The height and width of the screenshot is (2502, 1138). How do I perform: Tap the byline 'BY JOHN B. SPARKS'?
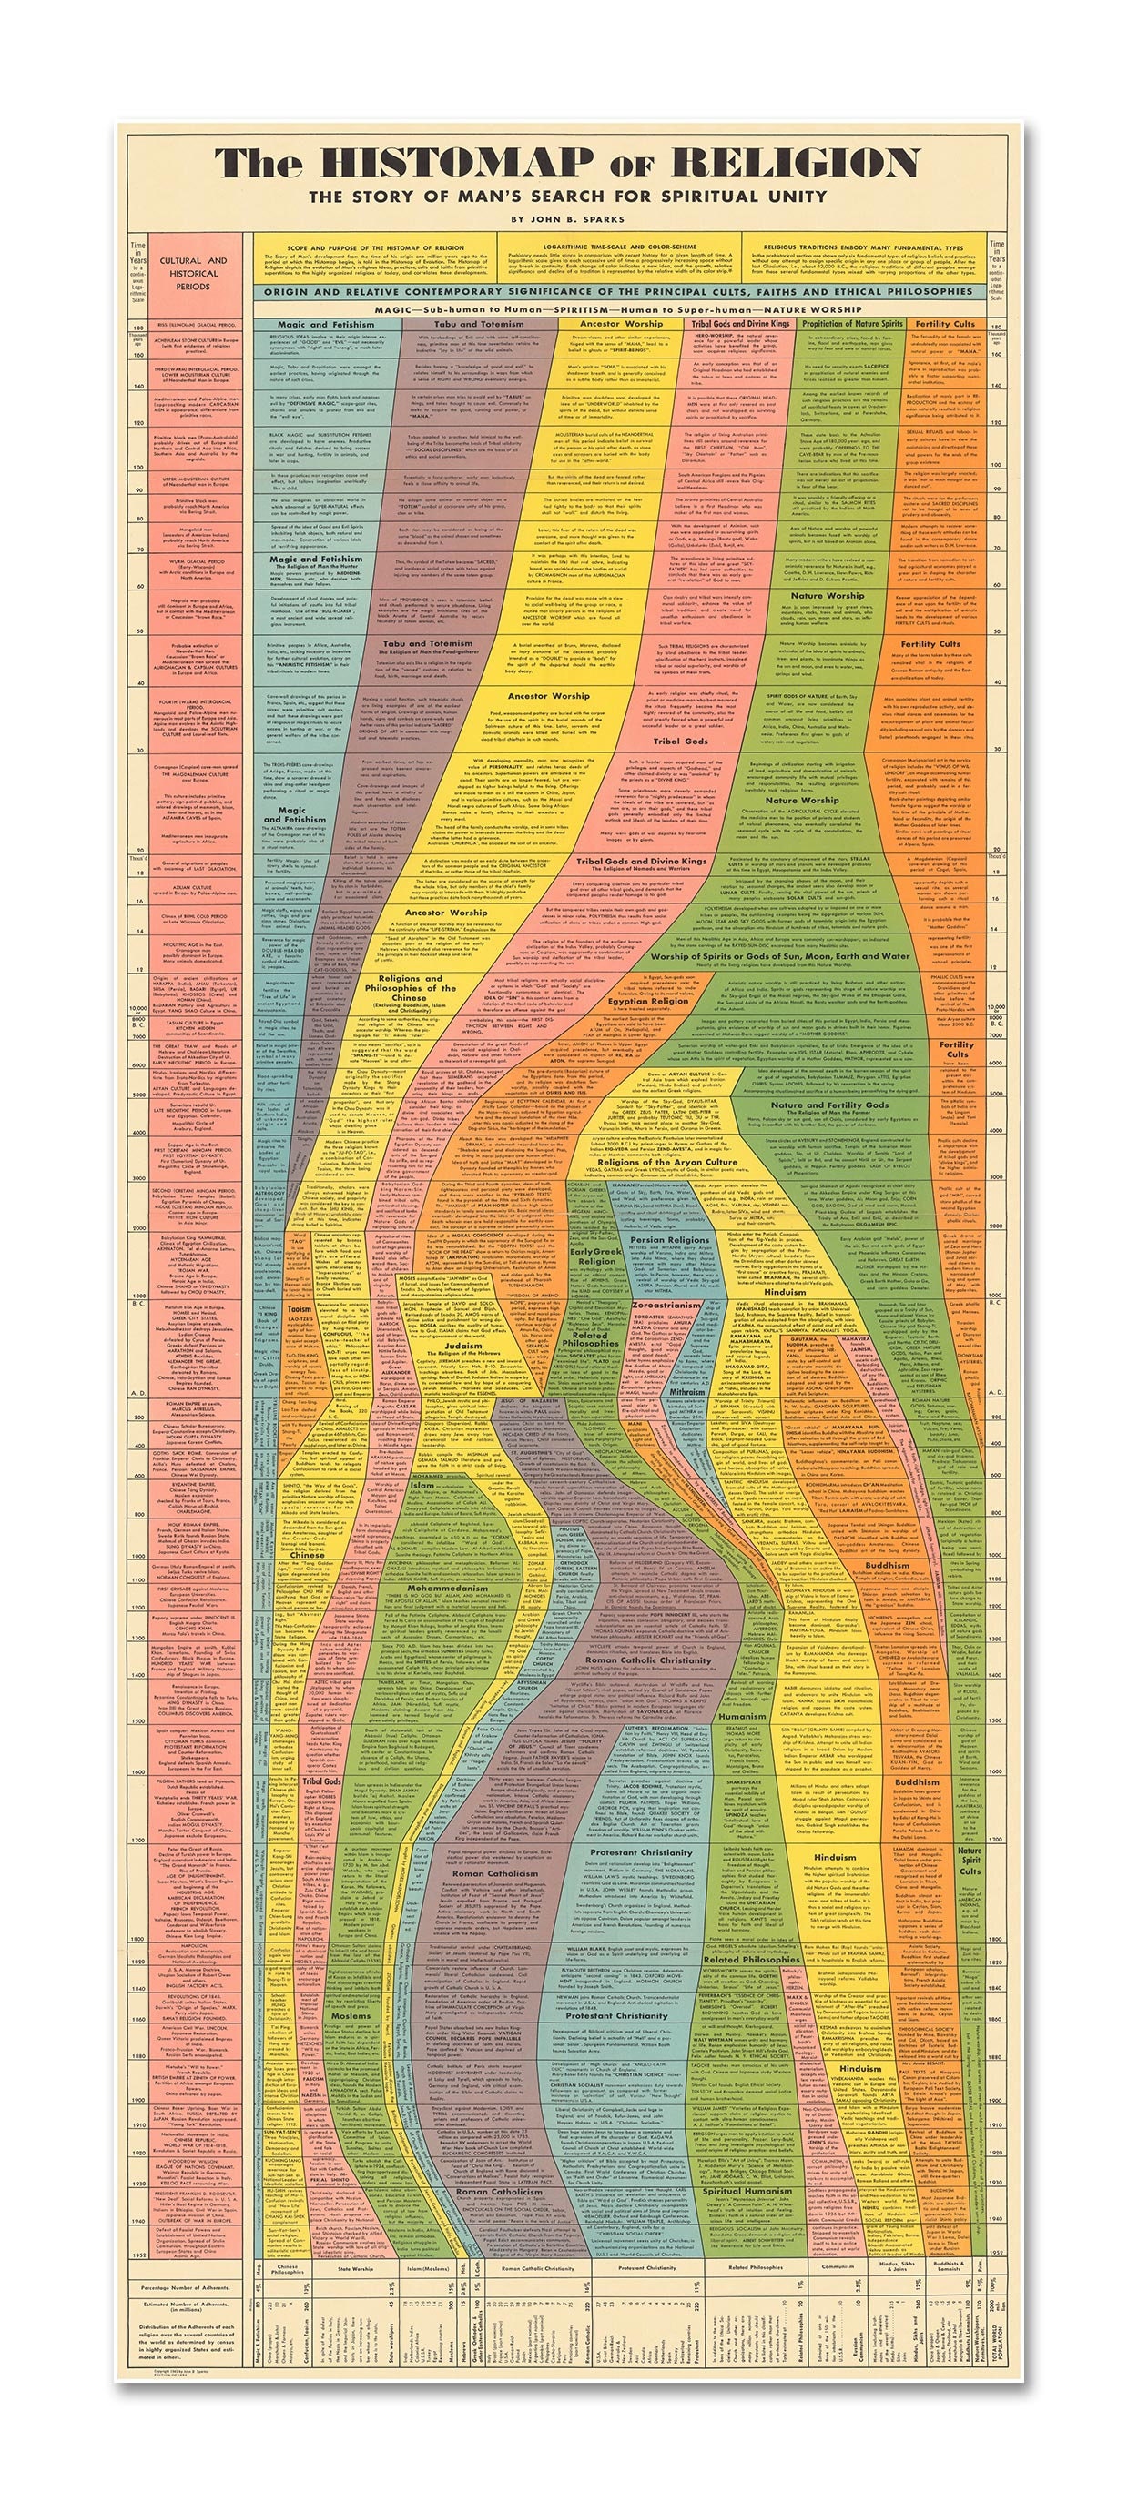coord(568,217)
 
